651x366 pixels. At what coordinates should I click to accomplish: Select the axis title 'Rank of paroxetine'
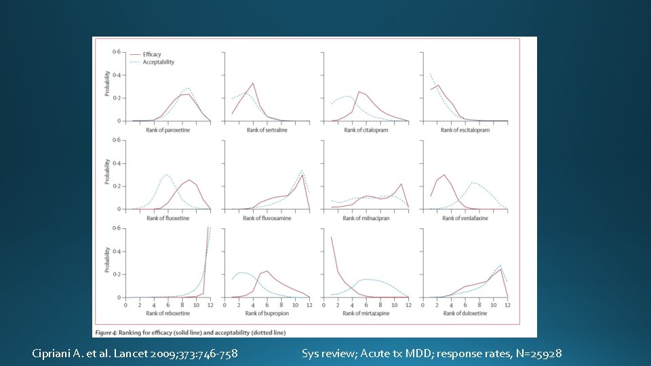(x=167, y=130)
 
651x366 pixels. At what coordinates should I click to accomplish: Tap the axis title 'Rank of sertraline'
(x=267, y=130)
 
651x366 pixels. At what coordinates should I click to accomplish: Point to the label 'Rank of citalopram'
(x=366, y=130)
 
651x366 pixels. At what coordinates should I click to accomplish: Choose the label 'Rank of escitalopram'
(x=465, y=130)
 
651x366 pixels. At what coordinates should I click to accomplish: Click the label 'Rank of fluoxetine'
(x=167, y=218)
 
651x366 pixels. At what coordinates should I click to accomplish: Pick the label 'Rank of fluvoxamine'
(x=267, y=218)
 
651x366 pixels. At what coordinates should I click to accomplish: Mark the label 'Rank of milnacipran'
(x=366, y=218)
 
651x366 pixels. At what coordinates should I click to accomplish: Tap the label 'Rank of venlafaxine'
(x=465, y=218)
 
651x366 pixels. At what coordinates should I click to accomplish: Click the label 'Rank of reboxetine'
(x=167, y=313)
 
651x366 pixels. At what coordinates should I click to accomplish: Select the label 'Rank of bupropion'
(x=267, y=313)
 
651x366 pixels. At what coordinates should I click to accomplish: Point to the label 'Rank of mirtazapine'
(x=366, y=313)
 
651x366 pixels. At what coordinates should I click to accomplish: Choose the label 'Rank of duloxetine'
(x=465, y=313)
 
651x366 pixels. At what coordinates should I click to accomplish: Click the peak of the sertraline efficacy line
(x=253, y=83)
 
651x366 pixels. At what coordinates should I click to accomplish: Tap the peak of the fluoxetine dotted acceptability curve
(x=167, y=174)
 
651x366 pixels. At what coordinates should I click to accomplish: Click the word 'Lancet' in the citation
(x=128, y=353)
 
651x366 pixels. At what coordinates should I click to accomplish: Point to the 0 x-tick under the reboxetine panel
(x=125, y=305)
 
